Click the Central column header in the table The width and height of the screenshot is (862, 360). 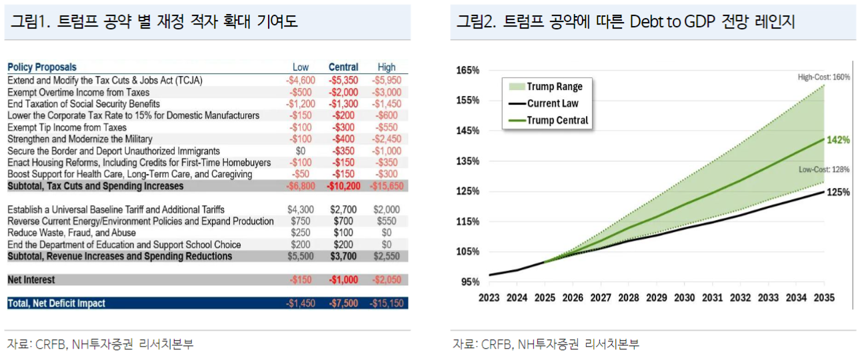(x=343, y=67)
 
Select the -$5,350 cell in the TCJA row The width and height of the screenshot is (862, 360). (x=343, y=80)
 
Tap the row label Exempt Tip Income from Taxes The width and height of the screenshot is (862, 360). (x=67, y=127)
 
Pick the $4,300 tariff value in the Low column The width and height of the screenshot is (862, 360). (x=301, y=210)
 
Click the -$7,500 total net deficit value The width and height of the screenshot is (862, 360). (x=343, y=303)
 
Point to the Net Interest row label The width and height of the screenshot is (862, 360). (x=31, y=280)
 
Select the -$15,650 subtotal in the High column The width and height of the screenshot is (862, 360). (x=386, y=186)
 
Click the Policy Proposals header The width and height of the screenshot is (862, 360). (x=42, y=67)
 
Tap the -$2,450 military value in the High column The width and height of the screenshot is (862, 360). (x=386, y=139)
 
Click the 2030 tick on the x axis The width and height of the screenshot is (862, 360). (x=684, y=297)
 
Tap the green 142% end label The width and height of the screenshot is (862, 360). (x=838, y=140)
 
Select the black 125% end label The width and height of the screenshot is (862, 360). (x=838, y=193)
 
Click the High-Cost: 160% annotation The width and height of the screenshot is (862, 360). (x=824, y=77)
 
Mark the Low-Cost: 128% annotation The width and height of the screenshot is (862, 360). (x=824, y=170)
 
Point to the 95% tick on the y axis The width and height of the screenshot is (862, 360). (x=470, y=282)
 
